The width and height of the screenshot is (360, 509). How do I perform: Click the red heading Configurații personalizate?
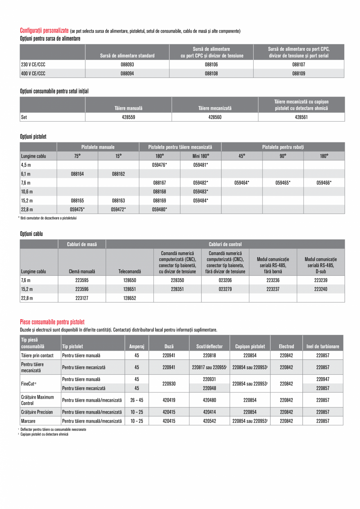click(x=44, y=31)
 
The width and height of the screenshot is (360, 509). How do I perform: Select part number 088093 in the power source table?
click(x=127, y=65)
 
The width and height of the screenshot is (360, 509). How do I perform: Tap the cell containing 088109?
click(x=299, y=73)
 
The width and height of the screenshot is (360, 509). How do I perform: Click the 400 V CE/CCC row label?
click(x=33, y=73)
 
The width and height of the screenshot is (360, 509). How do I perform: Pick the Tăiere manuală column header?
click(x=128, y=108)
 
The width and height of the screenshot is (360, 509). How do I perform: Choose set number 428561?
click(x=301, y=117)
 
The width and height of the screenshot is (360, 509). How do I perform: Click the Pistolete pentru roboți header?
click(x=283, y=147)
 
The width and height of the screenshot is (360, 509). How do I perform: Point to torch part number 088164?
click(x=77, y=174)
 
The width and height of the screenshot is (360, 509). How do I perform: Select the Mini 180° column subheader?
click(x=200, y=156)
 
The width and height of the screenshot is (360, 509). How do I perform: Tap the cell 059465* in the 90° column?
click(x=283, y=183)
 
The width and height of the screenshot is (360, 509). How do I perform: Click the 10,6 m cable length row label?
click(x=27, y=192)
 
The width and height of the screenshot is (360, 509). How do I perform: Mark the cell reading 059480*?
click(x=159, y=209)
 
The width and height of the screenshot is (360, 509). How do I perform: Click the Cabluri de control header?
click(x=225, y=244)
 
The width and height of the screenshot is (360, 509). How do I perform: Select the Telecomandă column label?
click(x=130, y=271)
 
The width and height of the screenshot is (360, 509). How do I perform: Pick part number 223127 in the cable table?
click(x=82, y=298)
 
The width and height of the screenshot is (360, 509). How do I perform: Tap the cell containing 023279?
click(x=225, y=289)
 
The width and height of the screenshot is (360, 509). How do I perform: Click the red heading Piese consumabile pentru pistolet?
click(x=52, y=322)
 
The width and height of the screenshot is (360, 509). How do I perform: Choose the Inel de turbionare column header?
click(x=322, y=346)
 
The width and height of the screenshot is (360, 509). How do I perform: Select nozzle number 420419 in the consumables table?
click(x=169, y=400)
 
